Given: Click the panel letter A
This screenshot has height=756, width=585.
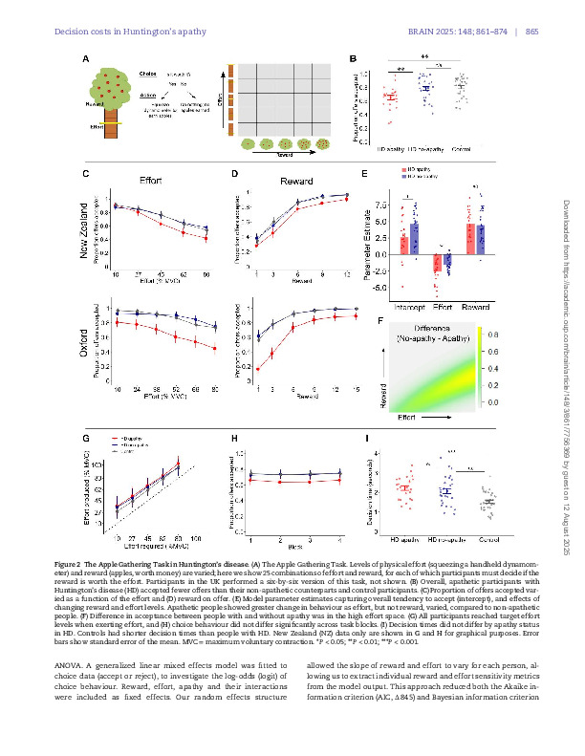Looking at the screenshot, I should coord(85,60).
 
